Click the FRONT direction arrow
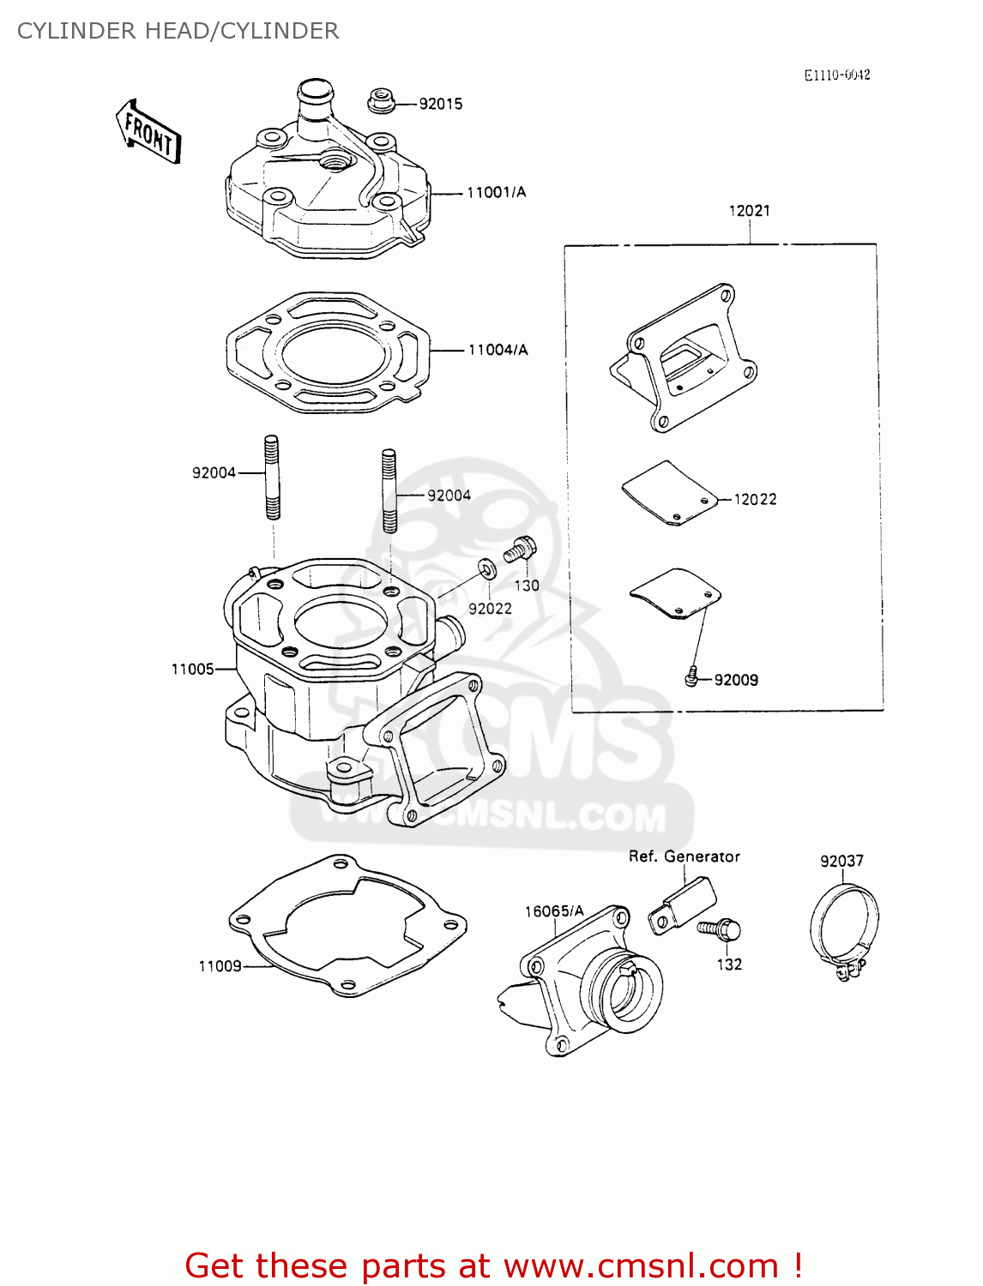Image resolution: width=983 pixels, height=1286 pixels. [148, 132]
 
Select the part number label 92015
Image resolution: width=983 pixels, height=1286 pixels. [440, 104]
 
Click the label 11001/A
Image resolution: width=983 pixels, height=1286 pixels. [496, 192]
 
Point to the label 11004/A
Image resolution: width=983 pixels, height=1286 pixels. [498, 350]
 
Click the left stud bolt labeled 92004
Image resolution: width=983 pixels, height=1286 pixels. [272, 478]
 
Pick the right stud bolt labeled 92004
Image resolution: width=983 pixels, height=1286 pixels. [389, 491]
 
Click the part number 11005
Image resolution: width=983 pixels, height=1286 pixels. [192, 669]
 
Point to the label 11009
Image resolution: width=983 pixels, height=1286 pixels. [220, 966]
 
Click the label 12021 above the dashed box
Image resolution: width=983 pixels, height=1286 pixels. [749, 211]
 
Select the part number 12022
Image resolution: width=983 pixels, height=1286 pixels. [755, 499]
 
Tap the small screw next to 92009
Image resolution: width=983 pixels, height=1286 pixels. [691, 678]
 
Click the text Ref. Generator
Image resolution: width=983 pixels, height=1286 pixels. [684, 856]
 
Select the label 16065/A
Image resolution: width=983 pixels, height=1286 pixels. [554, 911]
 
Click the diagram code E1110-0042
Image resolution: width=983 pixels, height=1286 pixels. [836, 75]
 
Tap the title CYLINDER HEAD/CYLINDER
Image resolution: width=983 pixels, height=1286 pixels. [178, 31]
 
